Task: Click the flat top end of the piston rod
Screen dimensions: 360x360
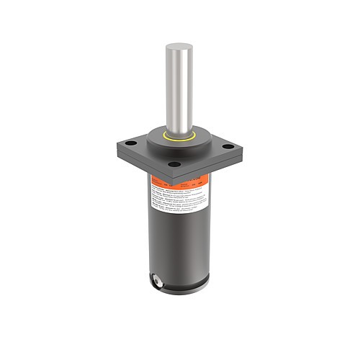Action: [178, 46]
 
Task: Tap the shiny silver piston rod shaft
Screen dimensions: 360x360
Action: [178, 86]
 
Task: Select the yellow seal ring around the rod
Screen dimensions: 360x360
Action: [179, 136]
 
